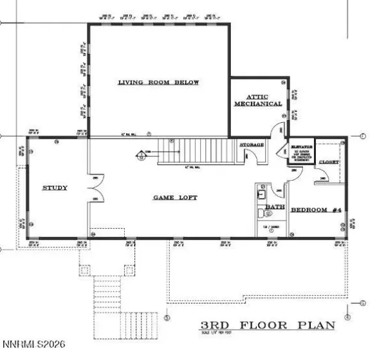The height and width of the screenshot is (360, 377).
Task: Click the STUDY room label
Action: [x=55, y=188]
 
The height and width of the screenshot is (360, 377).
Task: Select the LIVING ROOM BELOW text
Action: [x=158, y=82]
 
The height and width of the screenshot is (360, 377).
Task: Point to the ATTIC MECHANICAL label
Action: [x=258, y=100]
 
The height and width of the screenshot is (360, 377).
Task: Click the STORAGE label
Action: [x=252, y=145]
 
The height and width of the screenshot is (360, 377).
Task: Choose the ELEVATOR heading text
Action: [x=301, y=147]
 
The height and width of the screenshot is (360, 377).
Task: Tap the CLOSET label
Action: [x=329, y=162]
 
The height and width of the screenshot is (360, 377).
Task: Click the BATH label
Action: [x=276, y=207]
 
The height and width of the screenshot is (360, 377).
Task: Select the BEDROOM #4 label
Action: [x=316, y=210]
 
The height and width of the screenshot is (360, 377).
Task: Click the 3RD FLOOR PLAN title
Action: [x=268, y=325]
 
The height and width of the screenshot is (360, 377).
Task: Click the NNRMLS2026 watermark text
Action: [x=33, y=353]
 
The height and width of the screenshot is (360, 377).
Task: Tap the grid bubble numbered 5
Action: [x=167, y=317]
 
